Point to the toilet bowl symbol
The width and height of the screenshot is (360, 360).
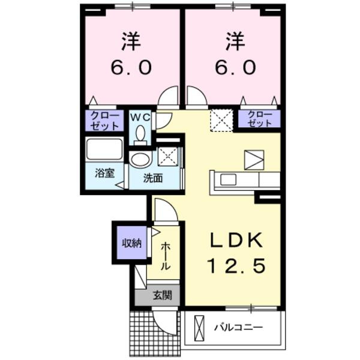140,134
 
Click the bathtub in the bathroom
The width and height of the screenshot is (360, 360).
104,149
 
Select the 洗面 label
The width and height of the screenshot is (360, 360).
154,178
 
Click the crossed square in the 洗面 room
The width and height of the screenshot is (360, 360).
167,155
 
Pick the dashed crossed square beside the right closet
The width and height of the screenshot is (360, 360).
221,121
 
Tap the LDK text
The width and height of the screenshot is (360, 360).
236,240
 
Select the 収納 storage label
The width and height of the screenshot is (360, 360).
131,243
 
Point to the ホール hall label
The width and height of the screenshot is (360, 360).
164,254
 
